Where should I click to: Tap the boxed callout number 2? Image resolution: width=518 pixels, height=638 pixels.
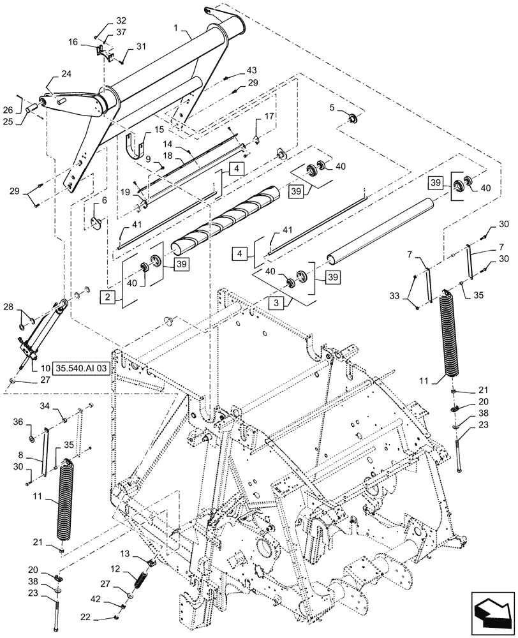(x=108, y=296)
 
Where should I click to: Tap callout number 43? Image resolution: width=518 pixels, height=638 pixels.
(x=252, y=70)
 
